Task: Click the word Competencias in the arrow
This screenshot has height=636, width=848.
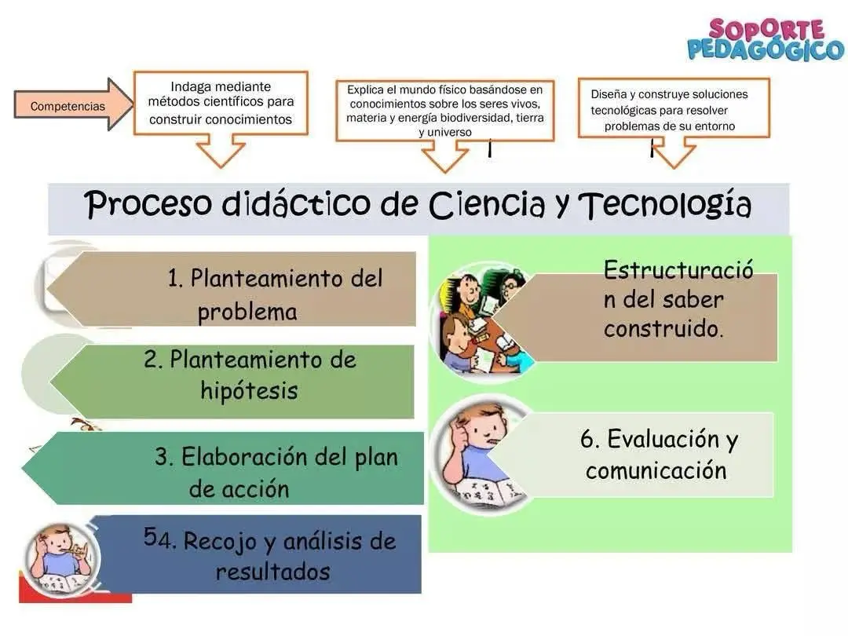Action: click(x=68, y=106)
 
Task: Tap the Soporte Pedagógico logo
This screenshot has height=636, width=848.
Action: click(x=766, y=39)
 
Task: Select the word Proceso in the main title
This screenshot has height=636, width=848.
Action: click(x=148, y=204)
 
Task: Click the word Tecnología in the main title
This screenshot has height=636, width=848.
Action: click(x=665, y=204)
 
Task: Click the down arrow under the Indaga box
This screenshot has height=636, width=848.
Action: click(x=221, y=150)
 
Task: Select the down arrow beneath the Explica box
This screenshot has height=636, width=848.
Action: click(x=444, y=155)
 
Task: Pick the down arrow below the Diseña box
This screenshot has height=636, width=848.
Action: click(x=674, y=152)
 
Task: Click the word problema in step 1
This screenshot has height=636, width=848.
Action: click(x=247, y=312)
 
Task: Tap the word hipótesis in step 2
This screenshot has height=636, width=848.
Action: click(x=250, y=390)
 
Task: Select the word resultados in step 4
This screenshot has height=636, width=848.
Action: click(x=273, y=572)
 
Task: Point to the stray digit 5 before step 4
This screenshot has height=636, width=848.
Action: click(x=150, y=536)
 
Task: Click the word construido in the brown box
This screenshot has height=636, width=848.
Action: click(x=663, y=329)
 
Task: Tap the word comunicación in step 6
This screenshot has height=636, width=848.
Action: click(x=656, y=470)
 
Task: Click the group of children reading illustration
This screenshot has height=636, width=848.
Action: click(x=482, y=323)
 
